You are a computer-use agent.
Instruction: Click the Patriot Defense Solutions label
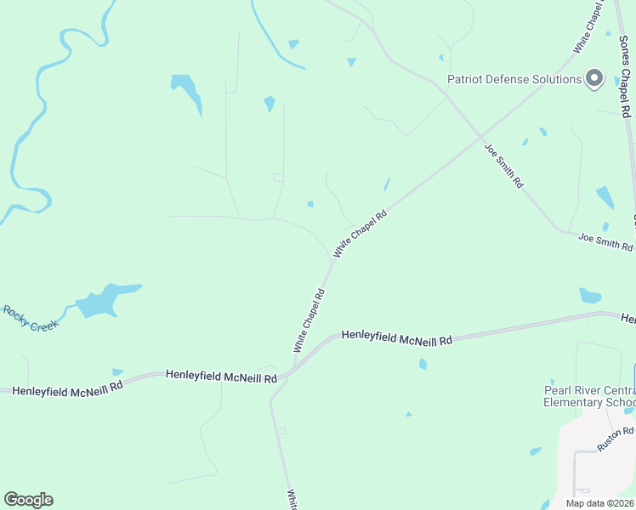coord(514,80)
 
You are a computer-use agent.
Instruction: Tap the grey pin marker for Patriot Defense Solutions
coord(594,79)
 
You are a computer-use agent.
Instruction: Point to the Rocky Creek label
coord(30,319)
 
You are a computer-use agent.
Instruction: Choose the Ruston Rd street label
coord(616,439)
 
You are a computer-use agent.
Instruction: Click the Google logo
coord(28,500)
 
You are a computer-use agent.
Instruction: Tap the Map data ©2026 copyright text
coord(599,503)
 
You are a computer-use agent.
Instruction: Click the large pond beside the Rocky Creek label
coord(102,301)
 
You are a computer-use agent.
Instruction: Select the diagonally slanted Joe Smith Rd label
coord(504,166)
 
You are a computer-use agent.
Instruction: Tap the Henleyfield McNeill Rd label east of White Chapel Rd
coord(396,338)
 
